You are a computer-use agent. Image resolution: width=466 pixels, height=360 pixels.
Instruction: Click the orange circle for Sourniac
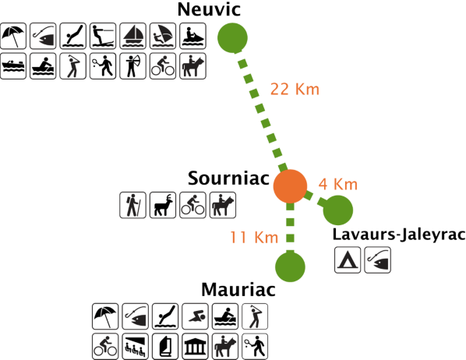290,186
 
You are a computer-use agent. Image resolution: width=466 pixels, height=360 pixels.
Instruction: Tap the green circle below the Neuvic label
232,37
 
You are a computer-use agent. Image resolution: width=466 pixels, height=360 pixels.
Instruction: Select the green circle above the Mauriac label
290,266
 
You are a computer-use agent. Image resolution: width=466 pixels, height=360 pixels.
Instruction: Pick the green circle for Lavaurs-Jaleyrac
338,210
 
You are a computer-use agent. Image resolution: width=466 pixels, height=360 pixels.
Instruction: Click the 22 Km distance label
295,89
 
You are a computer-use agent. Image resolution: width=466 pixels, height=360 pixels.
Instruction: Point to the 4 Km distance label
338,185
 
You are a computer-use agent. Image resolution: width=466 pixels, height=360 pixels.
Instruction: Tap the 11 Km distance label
254,238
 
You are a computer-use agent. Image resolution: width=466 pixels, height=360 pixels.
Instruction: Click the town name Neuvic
209,9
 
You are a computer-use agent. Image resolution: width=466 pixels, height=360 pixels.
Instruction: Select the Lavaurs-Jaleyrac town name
399,235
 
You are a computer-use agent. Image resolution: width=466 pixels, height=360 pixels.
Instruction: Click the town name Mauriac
238,290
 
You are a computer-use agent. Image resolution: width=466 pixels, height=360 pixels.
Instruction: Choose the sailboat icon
132,36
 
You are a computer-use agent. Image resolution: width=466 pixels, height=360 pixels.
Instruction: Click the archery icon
132,66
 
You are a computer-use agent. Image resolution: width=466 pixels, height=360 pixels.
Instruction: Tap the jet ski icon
193,36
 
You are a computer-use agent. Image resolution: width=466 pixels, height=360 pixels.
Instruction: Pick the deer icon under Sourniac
163,205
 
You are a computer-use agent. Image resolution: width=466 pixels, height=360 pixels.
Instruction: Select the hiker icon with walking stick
132,205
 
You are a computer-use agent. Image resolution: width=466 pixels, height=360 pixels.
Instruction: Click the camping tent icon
348,259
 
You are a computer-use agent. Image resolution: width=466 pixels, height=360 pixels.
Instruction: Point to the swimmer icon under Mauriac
196,316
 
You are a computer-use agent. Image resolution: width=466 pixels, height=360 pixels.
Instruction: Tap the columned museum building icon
196,346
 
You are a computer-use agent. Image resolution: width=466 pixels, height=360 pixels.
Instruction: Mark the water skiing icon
103,36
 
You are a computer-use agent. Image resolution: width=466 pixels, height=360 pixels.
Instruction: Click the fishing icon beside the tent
377,259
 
